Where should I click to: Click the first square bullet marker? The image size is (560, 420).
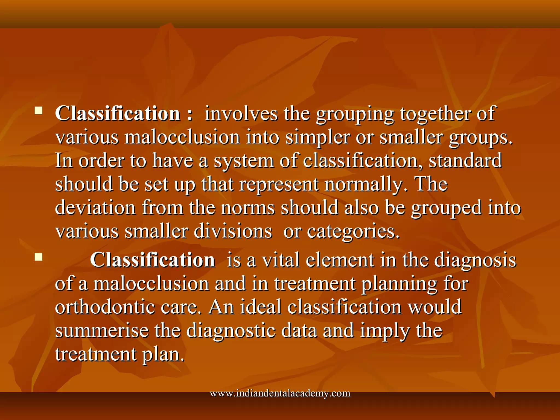[39, 110]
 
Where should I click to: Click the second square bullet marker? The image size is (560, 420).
[39, 257]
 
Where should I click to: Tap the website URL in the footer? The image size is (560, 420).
[280, 393]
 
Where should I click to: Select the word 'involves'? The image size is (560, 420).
[241, 113]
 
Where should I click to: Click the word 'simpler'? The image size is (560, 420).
[317, 137]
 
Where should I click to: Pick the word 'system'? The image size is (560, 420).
[244, 161]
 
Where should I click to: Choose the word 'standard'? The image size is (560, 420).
[465, 161]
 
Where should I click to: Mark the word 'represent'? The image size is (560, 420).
[279, 184]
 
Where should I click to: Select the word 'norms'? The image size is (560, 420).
[247, 208]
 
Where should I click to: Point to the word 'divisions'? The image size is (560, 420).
[233, 231]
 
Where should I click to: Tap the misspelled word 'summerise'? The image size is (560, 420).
[102, 330]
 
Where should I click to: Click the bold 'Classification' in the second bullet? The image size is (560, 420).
[152, 260]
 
